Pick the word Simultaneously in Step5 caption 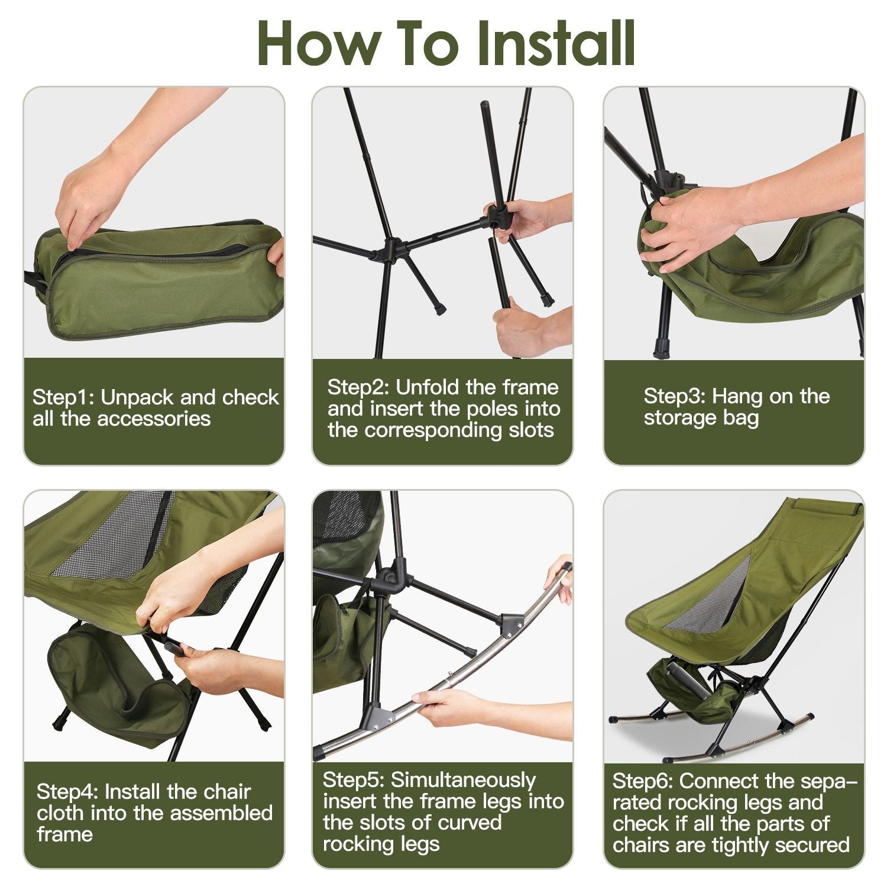click(462, 780)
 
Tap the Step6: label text click(643, 781)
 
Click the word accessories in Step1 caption click(154, 419)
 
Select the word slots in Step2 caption click(531, 430)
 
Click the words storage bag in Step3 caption click(701, 418)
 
